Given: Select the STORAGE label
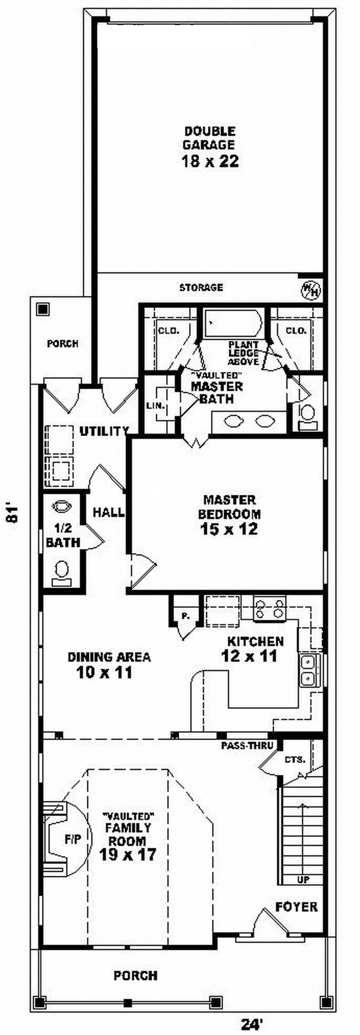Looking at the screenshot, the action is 201,287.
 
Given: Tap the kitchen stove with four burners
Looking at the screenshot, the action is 270,609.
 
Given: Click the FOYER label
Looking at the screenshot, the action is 296,907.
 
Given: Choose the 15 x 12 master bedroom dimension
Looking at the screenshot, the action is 229,529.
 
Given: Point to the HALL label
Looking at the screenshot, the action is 109,511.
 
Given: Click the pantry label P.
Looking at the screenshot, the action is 185,616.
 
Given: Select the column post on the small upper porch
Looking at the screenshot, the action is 42,309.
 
